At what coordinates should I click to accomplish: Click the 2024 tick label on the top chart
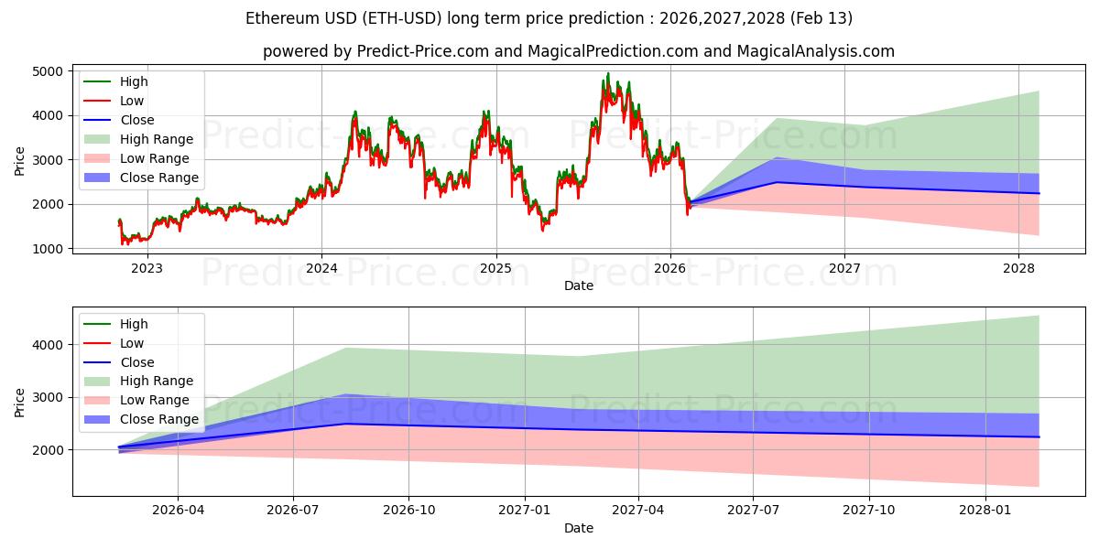[x=321, y=268]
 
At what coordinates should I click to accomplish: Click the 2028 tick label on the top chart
[x=1018, y=268]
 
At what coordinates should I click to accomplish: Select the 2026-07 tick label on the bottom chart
[x=293, y=511]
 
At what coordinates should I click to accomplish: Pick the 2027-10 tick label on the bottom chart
[x=869, y=511]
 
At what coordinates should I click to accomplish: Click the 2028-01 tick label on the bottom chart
[x=985, y=511]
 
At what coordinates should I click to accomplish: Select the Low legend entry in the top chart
[x=132, y=101]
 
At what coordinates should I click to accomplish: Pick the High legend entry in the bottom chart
[x=133, y=324]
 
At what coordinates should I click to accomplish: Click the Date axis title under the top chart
[x=578, y=285]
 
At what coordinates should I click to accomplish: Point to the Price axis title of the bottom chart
[x=20, y=402]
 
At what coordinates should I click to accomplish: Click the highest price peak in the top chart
[x=607, y=73]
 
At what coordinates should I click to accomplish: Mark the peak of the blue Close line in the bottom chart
[x=346, y=424]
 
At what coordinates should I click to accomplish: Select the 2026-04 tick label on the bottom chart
[x=178, y=511]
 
